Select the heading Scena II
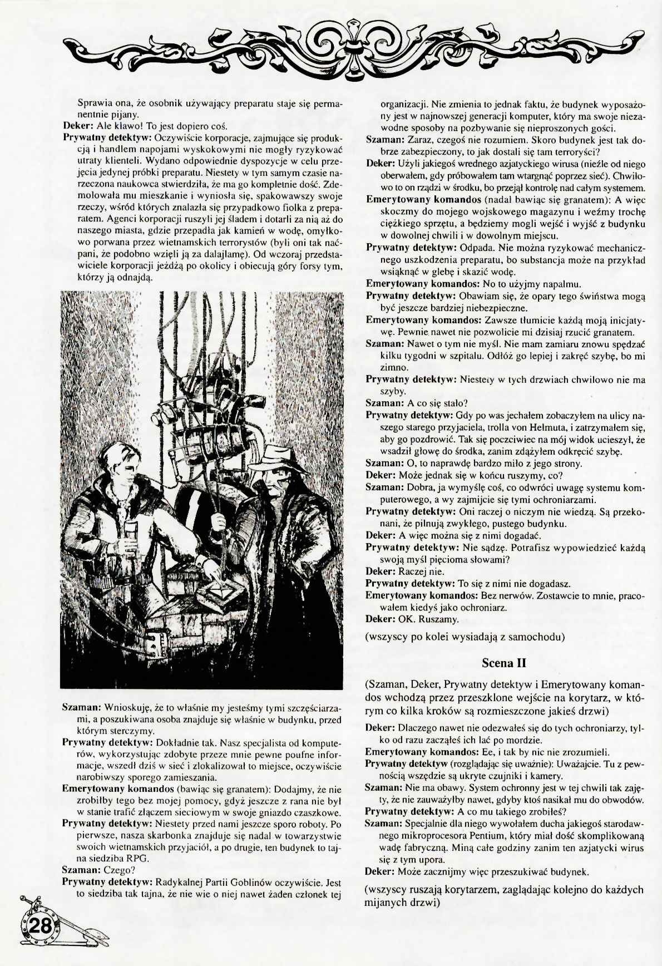[x=504, y=663]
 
